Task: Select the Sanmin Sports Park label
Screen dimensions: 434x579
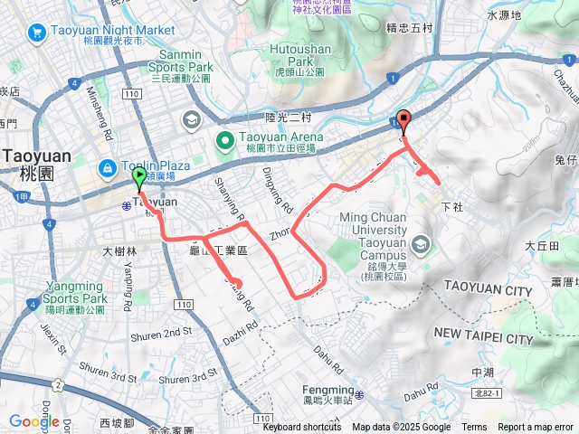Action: [182, 66]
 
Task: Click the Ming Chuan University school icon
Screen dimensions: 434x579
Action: [420, 245]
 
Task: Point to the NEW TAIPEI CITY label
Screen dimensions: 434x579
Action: [483, 337]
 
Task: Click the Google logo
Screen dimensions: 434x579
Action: [33, 421]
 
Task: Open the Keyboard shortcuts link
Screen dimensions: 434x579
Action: [301, 428]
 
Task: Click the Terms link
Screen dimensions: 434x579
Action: [474, 428]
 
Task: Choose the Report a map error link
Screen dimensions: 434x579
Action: [535, 428]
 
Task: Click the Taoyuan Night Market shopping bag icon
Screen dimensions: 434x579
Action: [37, 33]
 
